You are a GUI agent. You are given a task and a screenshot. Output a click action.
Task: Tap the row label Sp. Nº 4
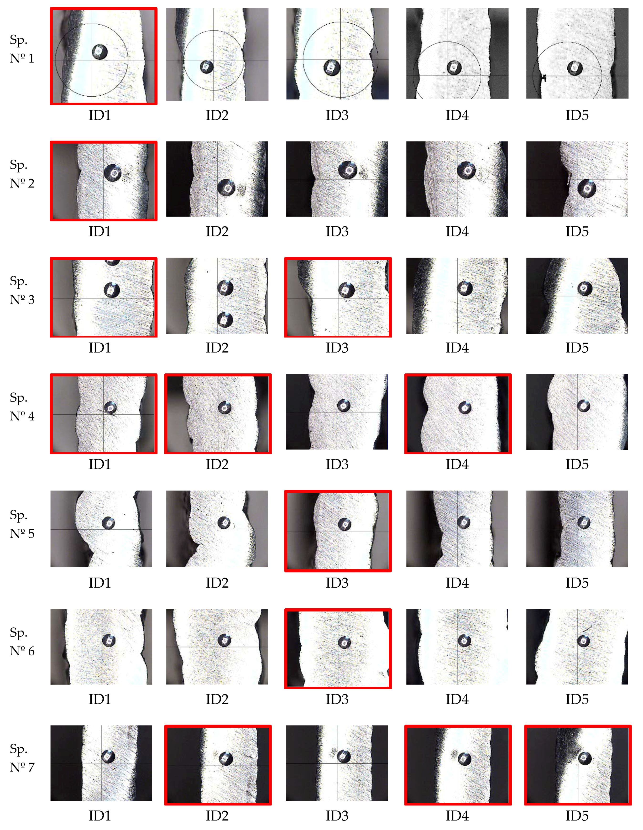click(x=22, y=407)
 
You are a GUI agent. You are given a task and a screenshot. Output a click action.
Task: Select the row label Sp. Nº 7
click(x=22, y=758)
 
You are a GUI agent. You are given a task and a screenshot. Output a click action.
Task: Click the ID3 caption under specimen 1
click(x=337, y=115)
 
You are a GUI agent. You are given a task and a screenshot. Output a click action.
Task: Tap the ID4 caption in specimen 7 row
click(x=457, y=816)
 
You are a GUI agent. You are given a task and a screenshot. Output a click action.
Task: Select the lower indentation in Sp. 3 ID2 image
click(x=225, y=320)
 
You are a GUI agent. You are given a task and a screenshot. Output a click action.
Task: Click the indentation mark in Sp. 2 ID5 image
click(x=587, y=188)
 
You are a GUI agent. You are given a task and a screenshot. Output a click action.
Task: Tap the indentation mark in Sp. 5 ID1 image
click(x=109, y=523)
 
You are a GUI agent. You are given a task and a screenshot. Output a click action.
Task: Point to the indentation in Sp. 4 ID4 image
click(x=465, y=407)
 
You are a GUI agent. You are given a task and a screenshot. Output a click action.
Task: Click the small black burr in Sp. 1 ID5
click(x=544, y=78)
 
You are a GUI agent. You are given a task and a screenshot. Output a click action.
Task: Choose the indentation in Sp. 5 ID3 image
click(x=345, y=524)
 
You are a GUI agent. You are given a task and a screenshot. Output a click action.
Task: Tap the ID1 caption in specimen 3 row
click(x=99, y=348)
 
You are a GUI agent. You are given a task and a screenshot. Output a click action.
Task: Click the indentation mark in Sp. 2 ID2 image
click(x=226, y=187)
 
